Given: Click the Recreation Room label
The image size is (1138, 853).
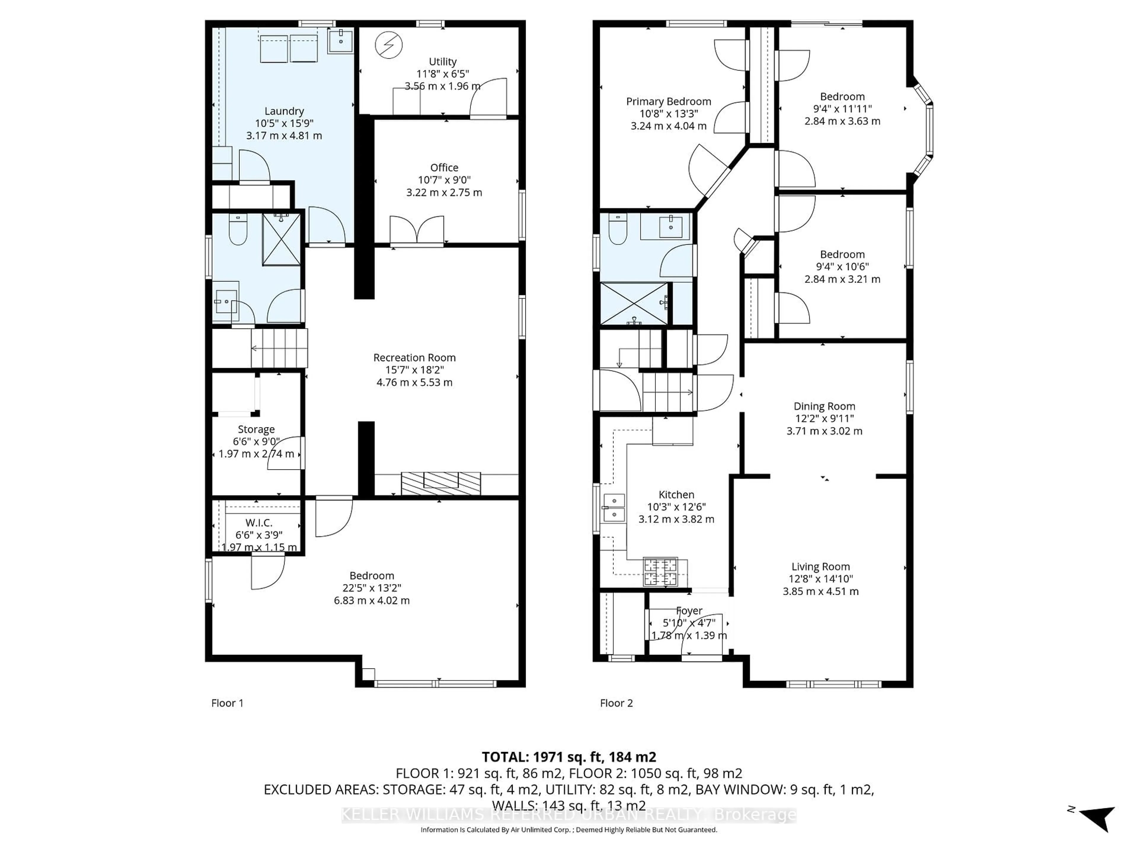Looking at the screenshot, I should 414,357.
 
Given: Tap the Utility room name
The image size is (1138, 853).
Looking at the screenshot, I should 442,62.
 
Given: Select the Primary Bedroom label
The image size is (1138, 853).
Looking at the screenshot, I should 668,101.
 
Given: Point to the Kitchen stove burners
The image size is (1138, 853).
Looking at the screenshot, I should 660,571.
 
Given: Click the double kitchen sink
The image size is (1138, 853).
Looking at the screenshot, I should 614,507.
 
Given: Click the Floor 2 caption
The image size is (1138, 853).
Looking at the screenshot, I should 616,703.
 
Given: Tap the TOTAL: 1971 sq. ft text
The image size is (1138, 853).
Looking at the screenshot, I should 568,757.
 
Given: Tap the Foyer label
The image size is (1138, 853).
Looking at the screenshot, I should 689,611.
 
